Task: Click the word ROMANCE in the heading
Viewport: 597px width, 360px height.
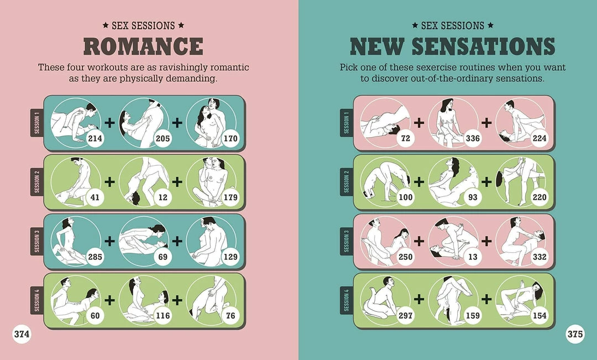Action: pyautogui.click(x=143, y=46)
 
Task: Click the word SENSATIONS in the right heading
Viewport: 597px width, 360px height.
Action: pyautogui.click(x=483, y=46)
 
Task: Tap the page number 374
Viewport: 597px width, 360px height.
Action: pyautogui.click(x=22, y=334)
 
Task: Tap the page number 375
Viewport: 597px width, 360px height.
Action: pyautogui.click(x=575, y=334)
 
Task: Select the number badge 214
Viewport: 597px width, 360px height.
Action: pyautogui.click(x=95, y=138)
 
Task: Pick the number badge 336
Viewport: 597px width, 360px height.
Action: pyautogui.click(x=473, y=138)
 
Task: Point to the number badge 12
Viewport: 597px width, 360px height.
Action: pyautogui.click(x=163, y=197)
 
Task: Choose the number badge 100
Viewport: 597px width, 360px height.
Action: pyautogui.click(x=405, y=197)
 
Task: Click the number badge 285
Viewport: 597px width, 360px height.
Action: pyautogui.click(x=95, y=257)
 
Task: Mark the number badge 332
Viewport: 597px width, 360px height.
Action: pyautogui.click(x=540, y=257)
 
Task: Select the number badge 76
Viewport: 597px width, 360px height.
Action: pyautogui.click(x=231, y=315)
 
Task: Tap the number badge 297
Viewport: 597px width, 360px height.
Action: pyautogui.click(x=405, y=315)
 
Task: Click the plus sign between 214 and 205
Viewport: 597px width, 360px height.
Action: pyautogui.click(x=109, y=123)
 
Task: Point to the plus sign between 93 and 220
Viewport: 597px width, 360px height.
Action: pyautogui.click(x=486, y=182)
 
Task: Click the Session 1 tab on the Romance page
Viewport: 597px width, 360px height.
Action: pyautogui.click(x=37, y=123)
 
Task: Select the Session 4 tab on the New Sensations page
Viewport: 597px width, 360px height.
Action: pyautogui.click(x=347, y=300)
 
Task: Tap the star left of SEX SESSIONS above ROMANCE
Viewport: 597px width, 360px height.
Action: pyautogui.click(x=106, y=25)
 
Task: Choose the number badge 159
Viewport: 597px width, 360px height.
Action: pyautogui.click(x=473, y=315)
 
